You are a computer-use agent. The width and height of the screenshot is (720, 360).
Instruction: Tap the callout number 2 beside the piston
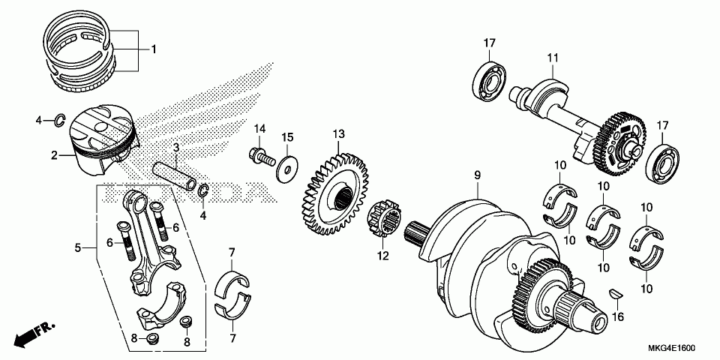[54, 155]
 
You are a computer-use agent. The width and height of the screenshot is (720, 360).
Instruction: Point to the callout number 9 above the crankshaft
[475, 176]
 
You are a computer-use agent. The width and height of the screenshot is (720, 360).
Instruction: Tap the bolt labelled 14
[259, 157]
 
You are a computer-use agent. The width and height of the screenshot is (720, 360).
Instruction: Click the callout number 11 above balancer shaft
[553, 58]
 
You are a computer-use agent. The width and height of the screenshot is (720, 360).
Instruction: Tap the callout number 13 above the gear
[339, 134]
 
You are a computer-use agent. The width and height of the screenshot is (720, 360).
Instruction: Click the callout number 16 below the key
[617, 317]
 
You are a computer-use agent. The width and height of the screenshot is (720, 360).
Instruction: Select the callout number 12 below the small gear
[383, 256]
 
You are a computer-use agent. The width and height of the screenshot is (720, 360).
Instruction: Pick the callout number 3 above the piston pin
[175, 148]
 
